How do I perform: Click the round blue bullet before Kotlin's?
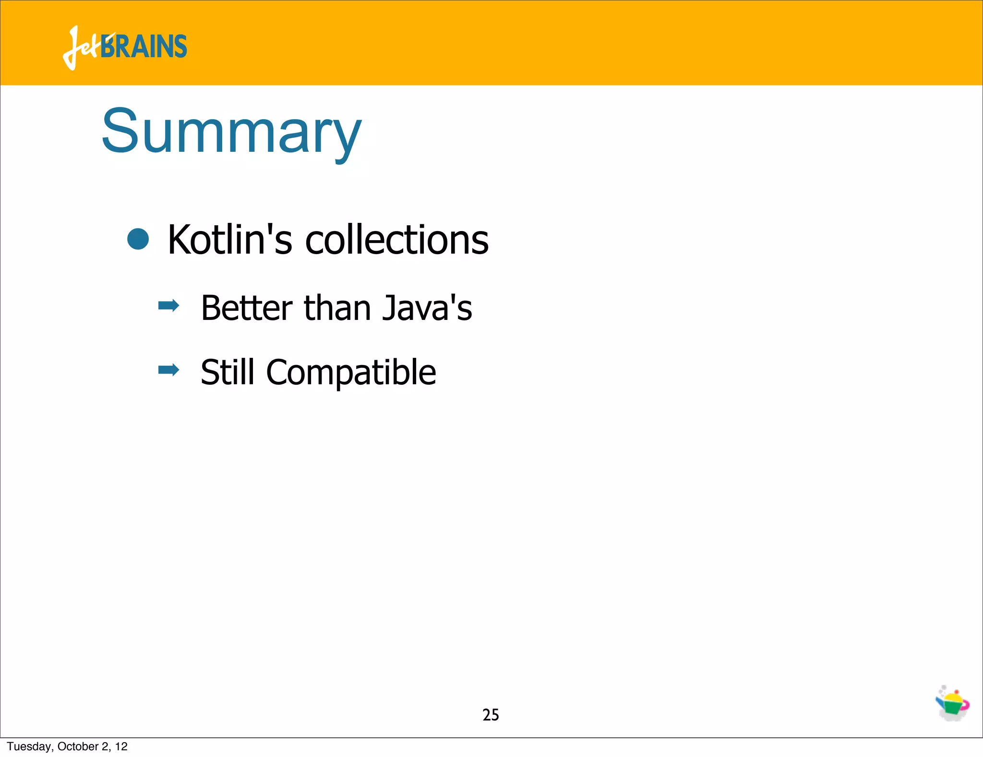pos(138,239)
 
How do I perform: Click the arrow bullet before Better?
pos(168,305)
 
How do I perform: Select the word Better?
pos(246,308)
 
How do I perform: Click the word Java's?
pos(427,308)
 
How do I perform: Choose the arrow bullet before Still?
pos(168,370)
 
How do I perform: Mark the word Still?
pos(228,372)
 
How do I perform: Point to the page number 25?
pos(491,715)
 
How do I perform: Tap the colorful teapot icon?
pos(952,704)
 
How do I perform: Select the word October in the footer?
pos(78,746)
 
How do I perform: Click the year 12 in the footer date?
pos(121,746)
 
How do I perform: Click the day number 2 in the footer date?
pos(105,746)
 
